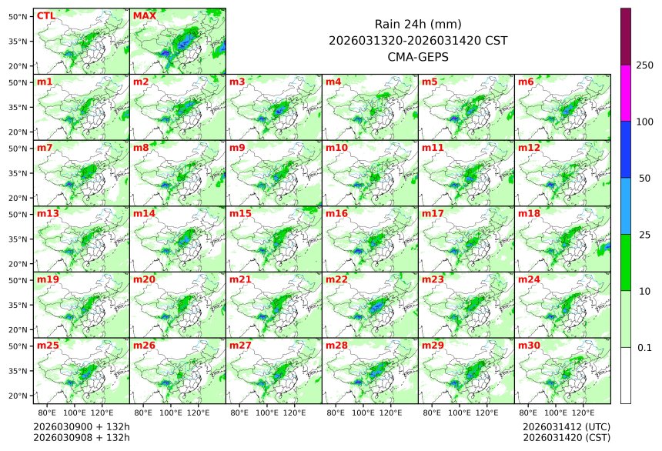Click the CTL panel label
pyautogui.click(x=45, y=15)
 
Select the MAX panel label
pyautogui.click(x=144, y=15)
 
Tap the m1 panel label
pyautogui.click(x=45, y=82)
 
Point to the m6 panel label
pyautogui.click(x=526, y=82)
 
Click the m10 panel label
pyautogui.click(x=336, y=147)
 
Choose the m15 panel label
pyautogui.click(x=240, y=213)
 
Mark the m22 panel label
pyautogui.click(x=336, y=279)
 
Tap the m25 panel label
pyautogui.click(x=48, y=346)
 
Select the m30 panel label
pyautogui.click(x=529, y=346)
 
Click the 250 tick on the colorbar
pyautogui.click(x=644, y=65)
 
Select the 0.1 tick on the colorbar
pyautogui.click(x=644, y=347)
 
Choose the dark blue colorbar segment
pyautogui.click(x=625, y=149)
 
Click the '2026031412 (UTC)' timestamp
pyautogui.click(x=566, y=426)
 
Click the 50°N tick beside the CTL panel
pyautogui.click(x=18, y=16)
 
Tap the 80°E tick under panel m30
pyautogui.click(x=529, y=413)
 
